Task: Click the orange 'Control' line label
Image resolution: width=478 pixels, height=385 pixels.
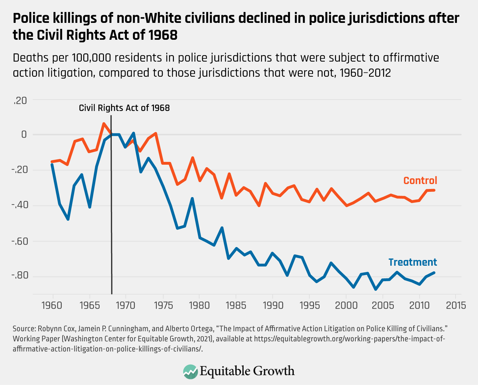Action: (x=420, y=181)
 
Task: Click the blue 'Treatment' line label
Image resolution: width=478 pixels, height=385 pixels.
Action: (x=413, y=262)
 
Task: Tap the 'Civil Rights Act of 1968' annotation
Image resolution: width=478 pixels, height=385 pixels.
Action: (x=124, y=108)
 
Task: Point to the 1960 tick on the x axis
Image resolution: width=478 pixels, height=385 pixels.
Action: (x=52, y=305)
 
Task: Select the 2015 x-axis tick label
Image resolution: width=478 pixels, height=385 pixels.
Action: (x=456, y=305)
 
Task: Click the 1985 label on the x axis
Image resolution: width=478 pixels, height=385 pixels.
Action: (x=236, y=305)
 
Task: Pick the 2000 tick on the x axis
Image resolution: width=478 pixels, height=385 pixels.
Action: (x=346, y=305)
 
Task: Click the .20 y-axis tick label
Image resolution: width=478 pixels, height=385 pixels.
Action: (x=20, y=101)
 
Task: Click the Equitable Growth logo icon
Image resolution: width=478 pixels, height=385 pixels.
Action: (x=190, y=372)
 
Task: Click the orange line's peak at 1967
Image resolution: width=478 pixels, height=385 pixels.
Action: (x=104, y=124)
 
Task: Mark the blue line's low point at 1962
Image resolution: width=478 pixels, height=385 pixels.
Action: (x=68, y=219)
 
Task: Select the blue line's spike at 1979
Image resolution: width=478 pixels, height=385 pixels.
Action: (x=192, y=198)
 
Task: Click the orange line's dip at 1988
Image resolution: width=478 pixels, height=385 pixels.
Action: (x=259, y=206)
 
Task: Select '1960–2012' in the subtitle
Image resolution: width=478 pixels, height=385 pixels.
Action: (x=365, y=73)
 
